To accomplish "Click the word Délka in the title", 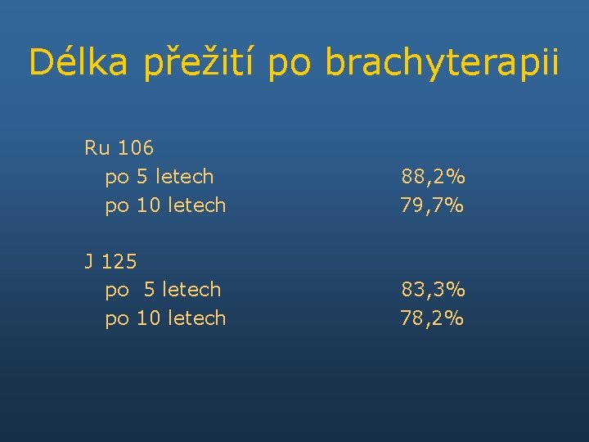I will (x=78, y=62).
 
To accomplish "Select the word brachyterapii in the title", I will (x=442, y=62).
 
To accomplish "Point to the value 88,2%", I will (x=433, y=177).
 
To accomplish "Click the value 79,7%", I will (x=433, y=205).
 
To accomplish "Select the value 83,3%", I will (x=433, y=290).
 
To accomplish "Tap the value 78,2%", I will (x=433, y=318).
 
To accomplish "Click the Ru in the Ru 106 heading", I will (x=97, y=148).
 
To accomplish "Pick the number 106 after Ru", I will (x=135, y=148).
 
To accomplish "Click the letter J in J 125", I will (x=88, y=262).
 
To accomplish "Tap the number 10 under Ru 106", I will (x=148, y=205).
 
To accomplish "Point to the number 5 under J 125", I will (x=149, y=290).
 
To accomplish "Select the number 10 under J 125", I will (x=148, y=318).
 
